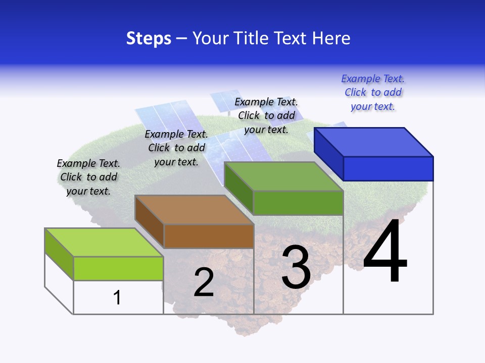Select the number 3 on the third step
296,267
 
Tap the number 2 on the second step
204,282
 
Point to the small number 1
117,297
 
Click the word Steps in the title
149,38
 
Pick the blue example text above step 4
373,92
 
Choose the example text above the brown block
176,148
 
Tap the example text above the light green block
88,177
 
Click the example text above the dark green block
266,115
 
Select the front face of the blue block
388,168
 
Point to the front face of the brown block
209,236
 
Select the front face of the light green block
118,268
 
